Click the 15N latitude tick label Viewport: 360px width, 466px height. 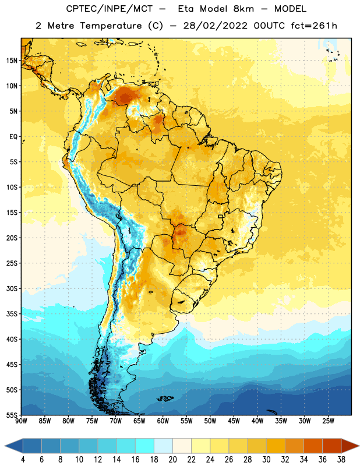point(12,61)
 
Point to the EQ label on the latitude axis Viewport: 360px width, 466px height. point(13,137)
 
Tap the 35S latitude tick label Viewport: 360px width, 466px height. point(12,314)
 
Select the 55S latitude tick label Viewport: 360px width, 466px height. point(12,415)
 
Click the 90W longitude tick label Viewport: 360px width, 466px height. point(21,421)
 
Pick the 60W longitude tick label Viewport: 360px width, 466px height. point(163,421)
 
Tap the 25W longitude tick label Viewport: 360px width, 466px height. point(328,421)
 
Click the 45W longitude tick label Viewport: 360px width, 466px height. point(234,421)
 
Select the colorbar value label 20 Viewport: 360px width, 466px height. point(172,460)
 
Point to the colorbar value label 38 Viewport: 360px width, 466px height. point(341,460)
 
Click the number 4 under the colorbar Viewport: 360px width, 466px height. point(23,460)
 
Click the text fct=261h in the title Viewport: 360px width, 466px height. point(314,26)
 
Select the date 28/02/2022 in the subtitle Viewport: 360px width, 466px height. point(215,26)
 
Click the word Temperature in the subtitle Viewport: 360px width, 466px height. point(111,26)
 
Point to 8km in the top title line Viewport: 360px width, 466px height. point(243,9)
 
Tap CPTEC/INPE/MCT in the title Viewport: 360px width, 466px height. point(109,9)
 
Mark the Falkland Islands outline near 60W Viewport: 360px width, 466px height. point(165,398)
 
